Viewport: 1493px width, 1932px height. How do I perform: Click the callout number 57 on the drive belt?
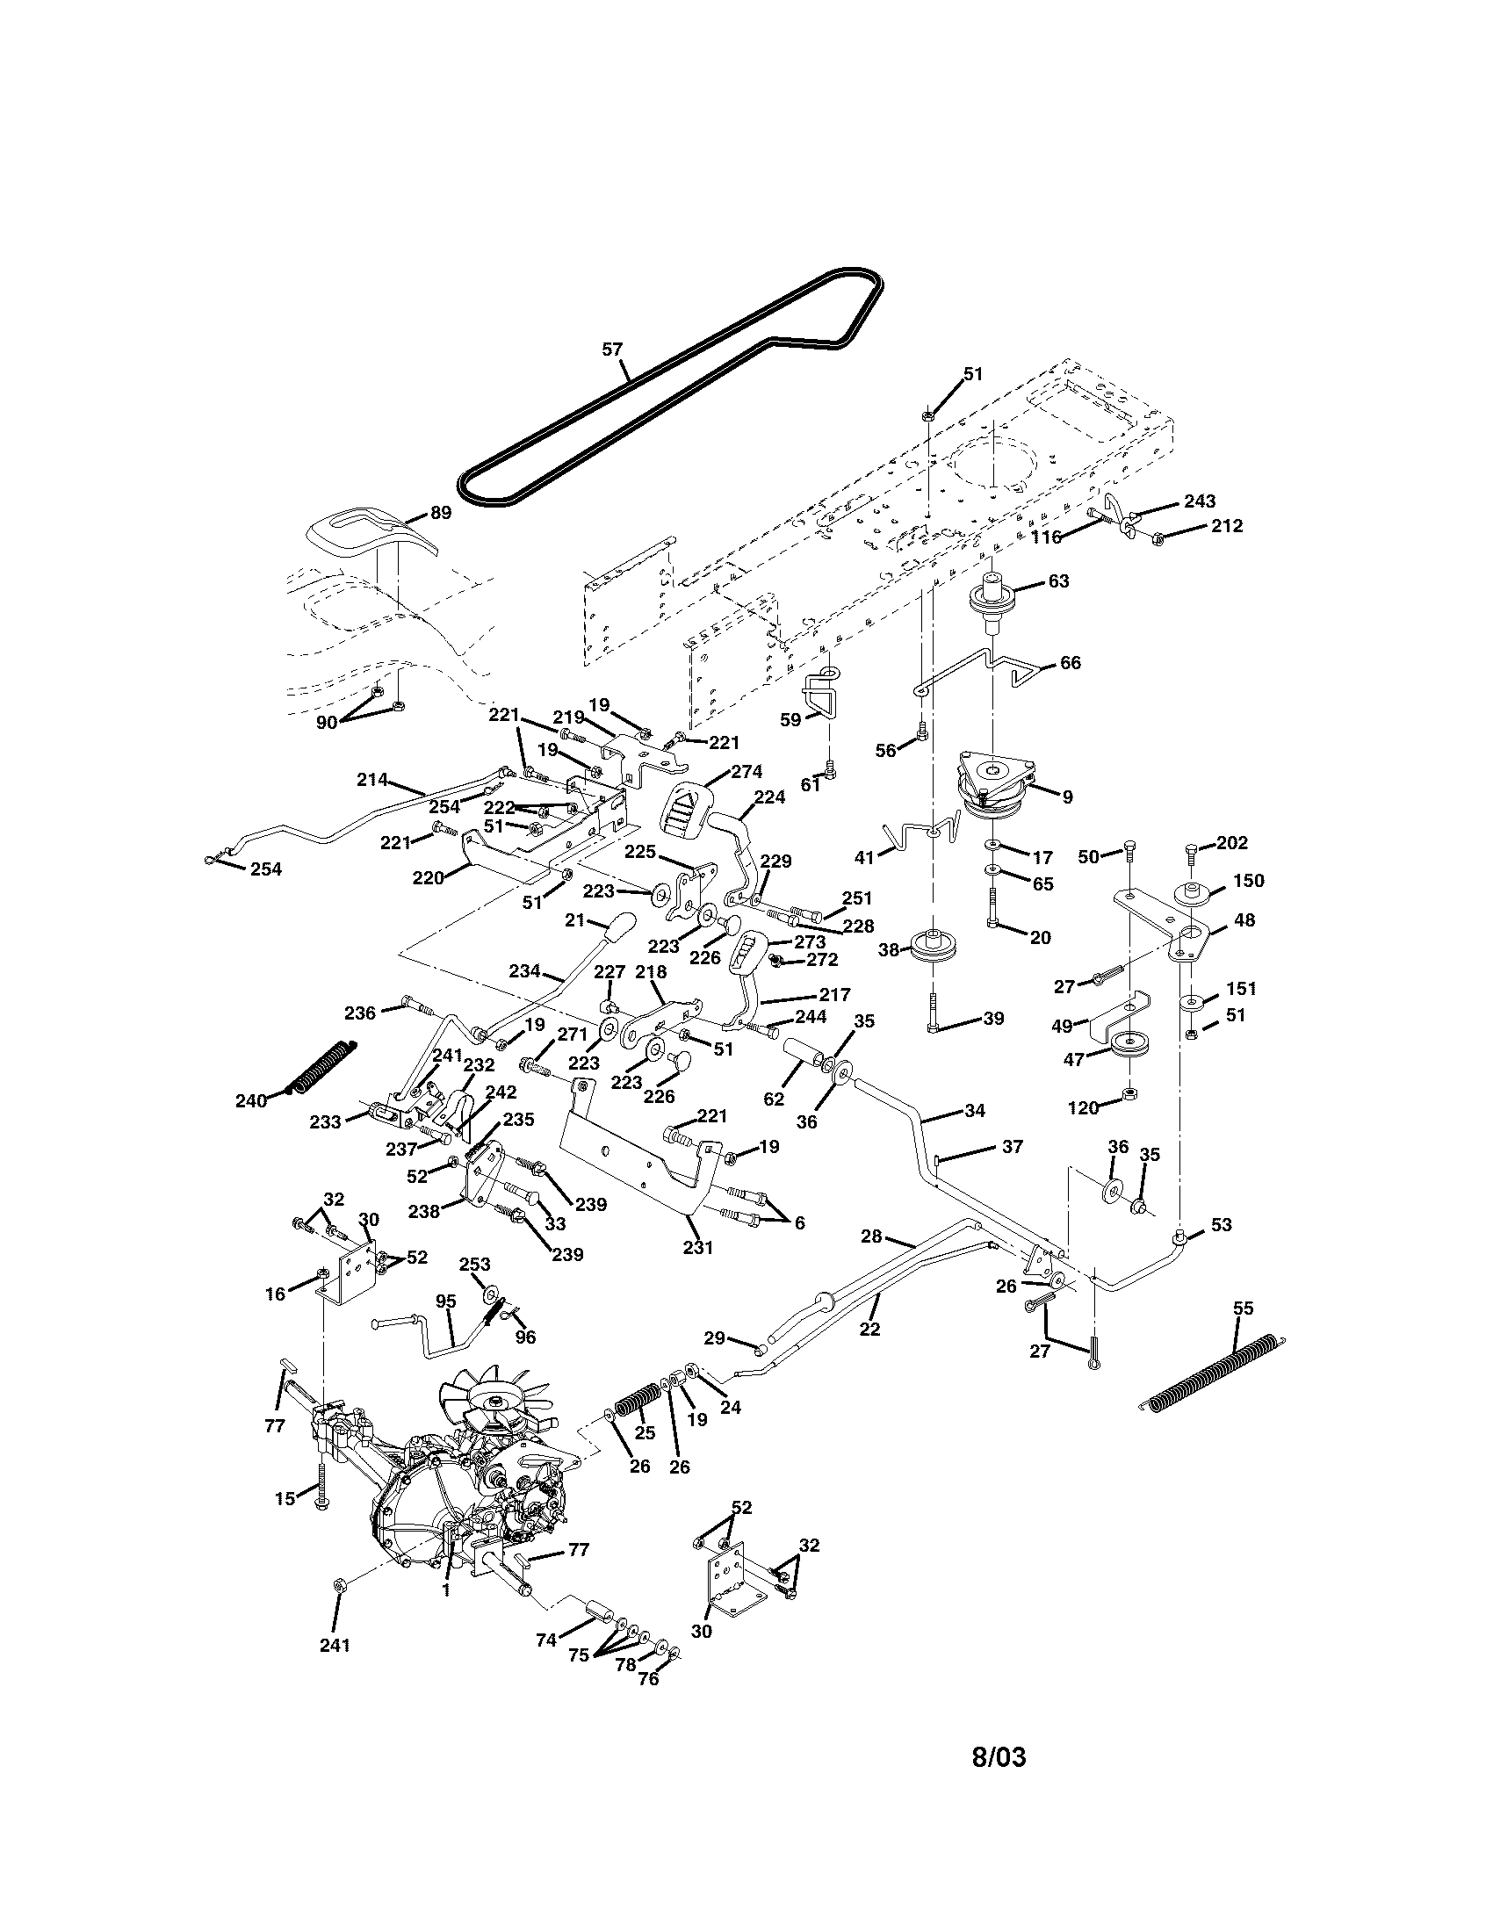tap(612, 350)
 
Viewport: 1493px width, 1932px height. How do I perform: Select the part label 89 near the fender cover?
tap(441, 512)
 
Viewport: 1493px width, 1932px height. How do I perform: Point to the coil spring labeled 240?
tap(324, 1069)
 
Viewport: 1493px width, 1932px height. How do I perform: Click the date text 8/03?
tap(999, 1756)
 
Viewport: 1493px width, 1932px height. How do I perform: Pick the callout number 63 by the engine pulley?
tap(1059, 581)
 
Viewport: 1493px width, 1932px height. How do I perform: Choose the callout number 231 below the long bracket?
tap(698, 1247)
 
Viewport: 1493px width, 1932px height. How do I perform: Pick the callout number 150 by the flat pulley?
tap(1248, 880)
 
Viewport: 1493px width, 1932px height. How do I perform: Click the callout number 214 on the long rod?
tap(372, 779)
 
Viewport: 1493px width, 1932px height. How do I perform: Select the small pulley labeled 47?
tap(1127, 1044)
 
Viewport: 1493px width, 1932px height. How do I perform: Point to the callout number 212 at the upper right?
tap(1227, 525)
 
